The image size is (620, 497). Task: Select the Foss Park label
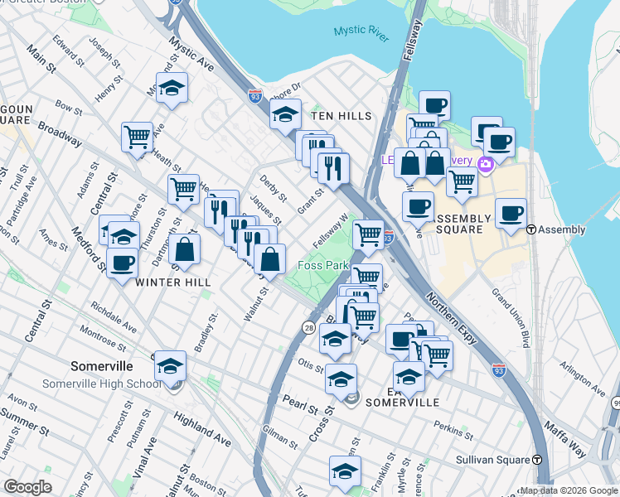324,265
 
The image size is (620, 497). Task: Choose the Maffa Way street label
565,439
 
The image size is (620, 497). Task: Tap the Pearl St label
301,408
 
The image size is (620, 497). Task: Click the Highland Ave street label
203,425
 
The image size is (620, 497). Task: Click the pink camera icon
486,163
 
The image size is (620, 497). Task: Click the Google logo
27,487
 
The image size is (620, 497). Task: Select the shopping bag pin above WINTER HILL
187,249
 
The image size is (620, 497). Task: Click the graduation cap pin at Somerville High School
170,365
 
